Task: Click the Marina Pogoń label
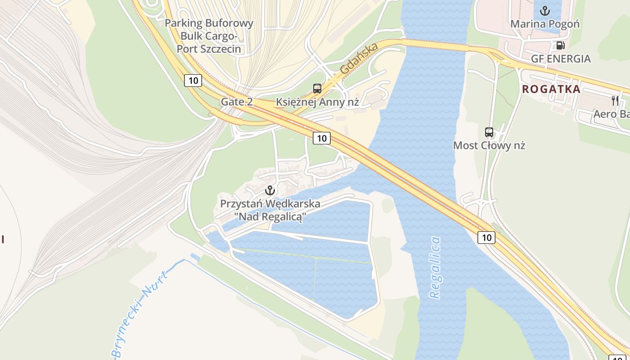[x=545, y=24]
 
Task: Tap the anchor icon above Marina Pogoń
[x=545, y=10]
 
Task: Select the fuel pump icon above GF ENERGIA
[x=560, y=45]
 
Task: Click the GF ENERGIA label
[x=561, y=59]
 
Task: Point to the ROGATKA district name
[x=551, y=89]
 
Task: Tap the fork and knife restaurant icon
[x=615, y=100]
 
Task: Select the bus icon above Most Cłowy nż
[x=489, y=132]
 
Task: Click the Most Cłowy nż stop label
[x=489, y=145]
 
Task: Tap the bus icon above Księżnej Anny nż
[x=317, y=89]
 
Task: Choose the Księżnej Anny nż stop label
[x=317, y=102]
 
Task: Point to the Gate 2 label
[x=237, y=102]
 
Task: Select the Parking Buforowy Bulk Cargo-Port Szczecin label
[x=209, y=36]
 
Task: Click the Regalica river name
[x=435, y=267]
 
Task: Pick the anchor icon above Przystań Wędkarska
[x=270, y=190]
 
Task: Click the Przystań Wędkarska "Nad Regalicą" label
[x=270, y=210]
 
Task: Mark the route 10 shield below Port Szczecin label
[x=193, y=81]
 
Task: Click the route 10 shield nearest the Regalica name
[x=486, y=237]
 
